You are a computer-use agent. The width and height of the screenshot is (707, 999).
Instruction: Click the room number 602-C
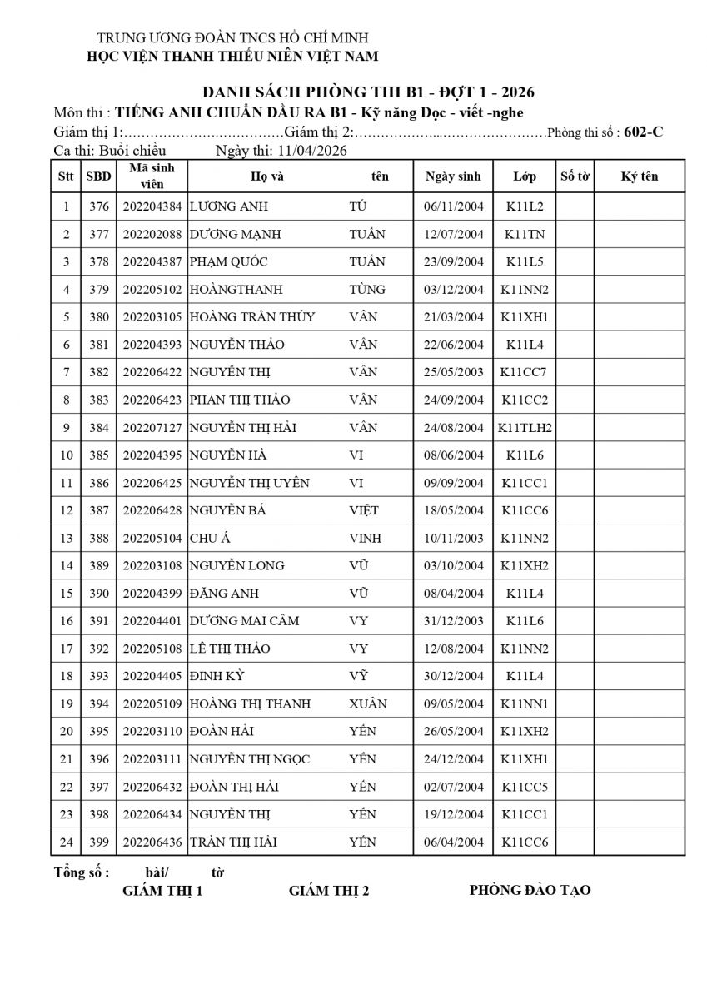point(643,132)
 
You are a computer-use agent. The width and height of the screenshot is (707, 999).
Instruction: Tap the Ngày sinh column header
point(453,176)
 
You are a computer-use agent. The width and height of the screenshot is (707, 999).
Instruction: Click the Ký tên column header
point(639,176)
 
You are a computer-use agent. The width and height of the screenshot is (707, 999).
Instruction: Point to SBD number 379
point(99,290)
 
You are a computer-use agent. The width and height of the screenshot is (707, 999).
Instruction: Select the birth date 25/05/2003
point(453,372)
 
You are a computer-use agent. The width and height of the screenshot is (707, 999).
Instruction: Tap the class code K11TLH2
point(525,428)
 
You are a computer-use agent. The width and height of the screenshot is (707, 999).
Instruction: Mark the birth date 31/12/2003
point(453,621)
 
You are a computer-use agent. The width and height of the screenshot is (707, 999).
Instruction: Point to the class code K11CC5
point(525,787)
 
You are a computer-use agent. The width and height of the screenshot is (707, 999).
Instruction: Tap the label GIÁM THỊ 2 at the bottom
point(329,891)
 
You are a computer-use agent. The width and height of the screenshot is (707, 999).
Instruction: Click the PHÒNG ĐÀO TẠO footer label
point(530,890)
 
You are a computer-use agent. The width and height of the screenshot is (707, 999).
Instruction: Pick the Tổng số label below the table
point(82,872)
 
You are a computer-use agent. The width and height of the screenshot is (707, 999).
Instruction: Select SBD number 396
point(99,759)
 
